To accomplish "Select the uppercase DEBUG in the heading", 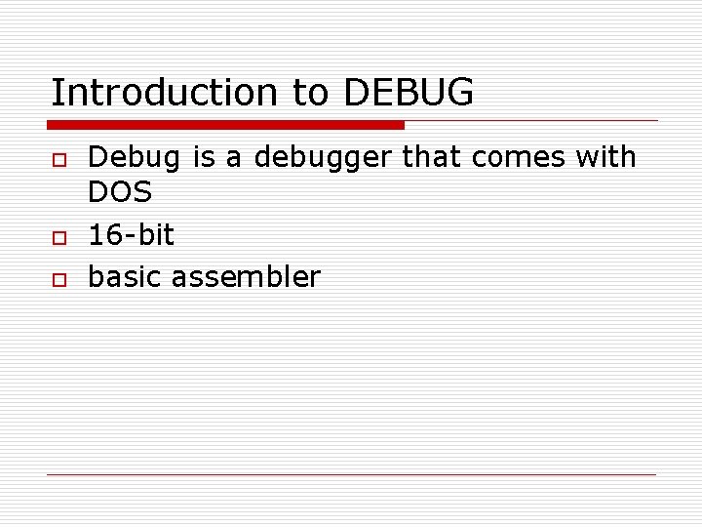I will pos(409,93).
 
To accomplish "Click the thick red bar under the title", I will pos(225,125).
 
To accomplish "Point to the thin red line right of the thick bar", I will pos(531,121).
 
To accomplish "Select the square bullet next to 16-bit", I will pos(58,237).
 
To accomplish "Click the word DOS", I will pos(120,192).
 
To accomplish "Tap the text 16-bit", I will pos(132,234).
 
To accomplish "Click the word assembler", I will pos(246,277).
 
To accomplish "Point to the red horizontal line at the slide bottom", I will pos(351,474).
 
